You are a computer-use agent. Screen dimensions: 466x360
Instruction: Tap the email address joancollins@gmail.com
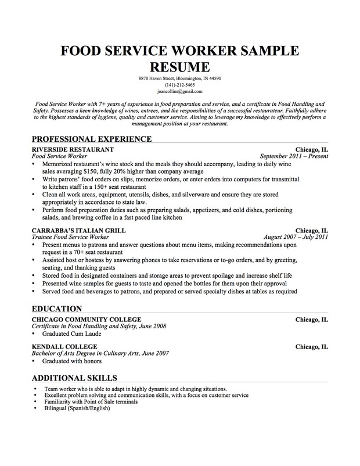179,91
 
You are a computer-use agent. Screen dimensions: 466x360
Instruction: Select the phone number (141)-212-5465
179,85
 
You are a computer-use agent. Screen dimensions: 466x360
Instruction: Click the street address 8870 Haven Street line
179,78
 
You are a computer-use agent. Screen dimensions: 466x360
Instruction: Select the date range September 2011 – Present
294,156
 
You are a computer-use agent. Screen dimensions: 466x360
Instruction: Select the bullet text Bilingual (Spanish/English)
77,408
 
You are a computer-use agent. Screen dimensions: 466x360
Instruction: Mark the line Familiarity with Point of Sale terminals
91,402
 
